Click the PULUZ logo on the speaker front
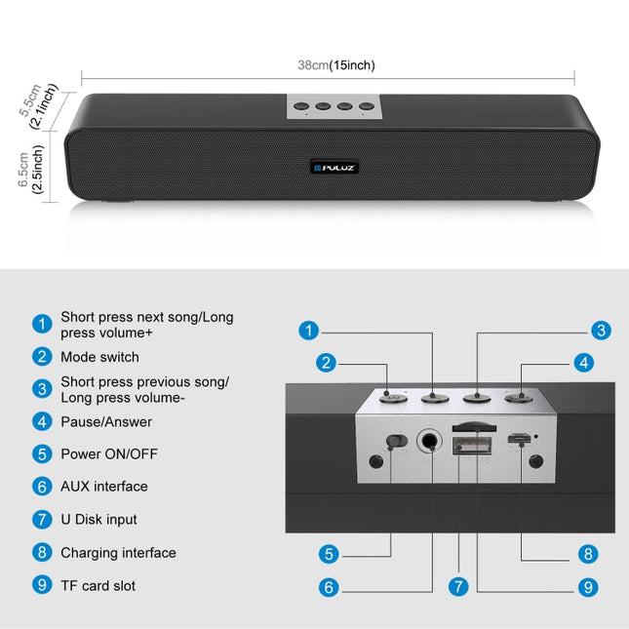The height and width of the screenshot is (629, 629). tap(334, 168)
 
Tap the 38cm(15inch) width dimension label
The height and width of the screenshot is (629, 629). tap(336, 65)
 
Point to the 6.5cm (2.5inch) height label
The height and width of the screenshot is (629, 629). tap(30, 170)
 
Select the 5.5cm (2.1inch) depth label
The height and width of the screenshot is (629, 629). tap(38, 105)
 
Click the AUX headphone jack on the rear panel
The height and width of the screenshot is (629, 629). tap(430, 441)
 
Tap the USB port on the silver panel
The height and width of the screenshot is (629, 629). tap(472, 446)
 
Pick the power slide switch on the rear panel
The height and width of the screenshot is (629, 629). tap(397, 441)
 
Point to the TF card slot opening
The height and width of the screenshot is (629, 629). tap(474, 428)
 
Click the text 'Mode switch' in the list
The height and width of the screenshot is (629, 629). tap(99, 357)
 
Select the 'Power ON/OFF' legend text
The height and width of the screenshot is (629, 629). tap(109, 454)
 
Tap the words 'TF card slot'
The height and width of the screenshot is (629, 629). tap(98, 586)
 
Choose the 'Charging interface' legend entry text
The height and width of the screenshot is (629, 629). tap(118, 553)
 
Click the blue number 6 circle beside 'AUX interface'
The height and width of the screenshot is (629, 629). tap(42, 487)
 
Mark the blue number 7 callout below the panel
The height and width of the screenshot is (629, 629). tap(458, 587)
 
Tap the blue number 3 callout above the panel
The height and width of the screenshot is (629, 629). tap(602, 331)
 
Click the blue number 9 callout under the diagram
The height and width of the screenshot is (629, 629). tap(588, 588)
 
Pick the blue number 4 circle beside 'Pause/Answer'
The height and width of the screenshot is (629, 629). tap(42, 421)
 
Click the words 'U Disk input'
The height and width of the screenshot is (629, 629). tap(98, 520)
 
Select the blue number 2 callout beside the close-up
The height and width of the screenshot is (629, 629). tap(326, 363)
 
